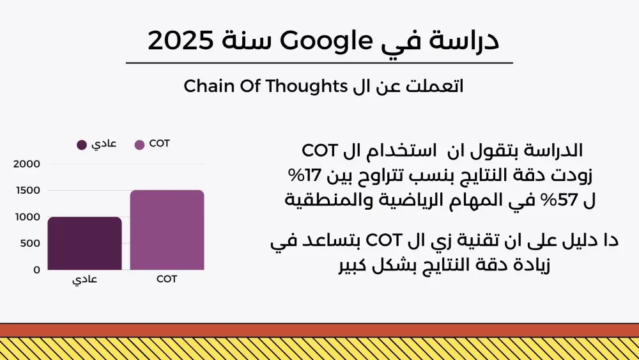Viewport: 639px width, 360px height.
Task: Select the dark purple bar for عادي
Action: tap(84, 244)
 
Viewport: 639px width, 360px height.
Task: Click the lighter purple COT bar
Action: tap(167, 230)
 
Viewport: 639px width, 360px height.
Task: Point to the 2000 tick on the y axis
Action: tap(27, 164)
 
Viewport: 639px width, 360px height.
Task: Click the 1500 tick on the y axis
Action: tap(27, 191)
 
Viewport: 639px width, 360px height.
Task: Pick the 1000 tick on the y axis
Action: tap(27, 217)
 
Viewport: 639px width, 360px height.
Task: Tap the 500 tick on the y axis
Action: tap(31, 244)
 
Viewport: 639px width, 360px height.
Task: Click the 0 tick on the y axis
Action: tap(36, 270)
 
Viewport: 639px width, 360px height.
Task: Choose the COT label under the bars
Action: tap(167, 279)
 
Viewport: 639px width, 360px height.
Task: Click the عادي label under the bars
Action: tap(84, 280)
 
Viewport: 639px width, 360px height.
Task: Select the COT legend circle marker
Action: tap(140, 145)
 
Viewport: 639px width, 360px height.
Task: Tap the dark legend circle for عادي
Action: tap(82, 145)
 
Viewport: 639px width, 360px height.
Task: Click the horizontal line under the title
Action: tap(319, 63)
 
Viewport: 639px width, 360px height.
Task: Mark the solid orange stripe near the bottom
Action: tap(319, 330)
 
